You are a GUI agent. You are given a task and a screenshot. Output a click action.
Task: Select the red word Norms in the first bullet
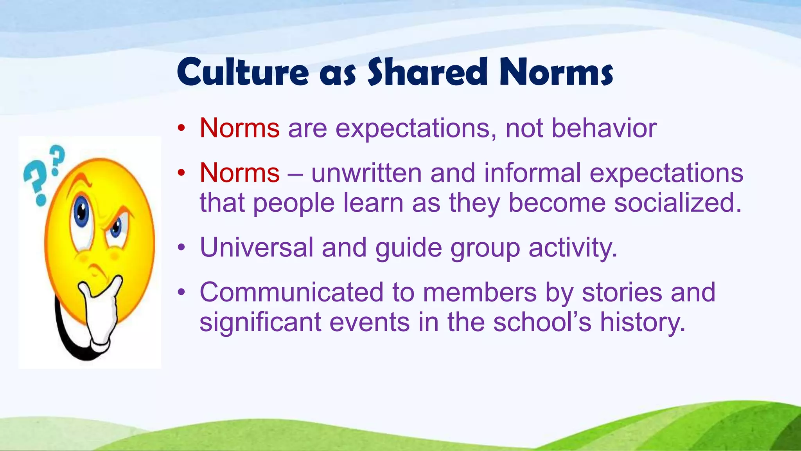239,128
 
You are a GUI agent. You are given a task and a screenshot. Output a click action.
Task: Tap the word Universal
256,247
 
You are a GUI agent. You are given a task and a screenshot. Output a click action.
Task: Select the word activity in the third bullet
573,248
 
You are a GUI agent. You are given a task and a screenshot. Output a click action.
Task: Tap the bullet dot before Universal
181,247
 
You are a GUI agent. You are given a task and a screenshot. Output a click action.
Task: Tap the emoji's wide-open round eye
82,212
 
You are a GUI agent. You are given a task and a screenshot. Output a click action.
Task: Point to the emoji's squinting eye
116,227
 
